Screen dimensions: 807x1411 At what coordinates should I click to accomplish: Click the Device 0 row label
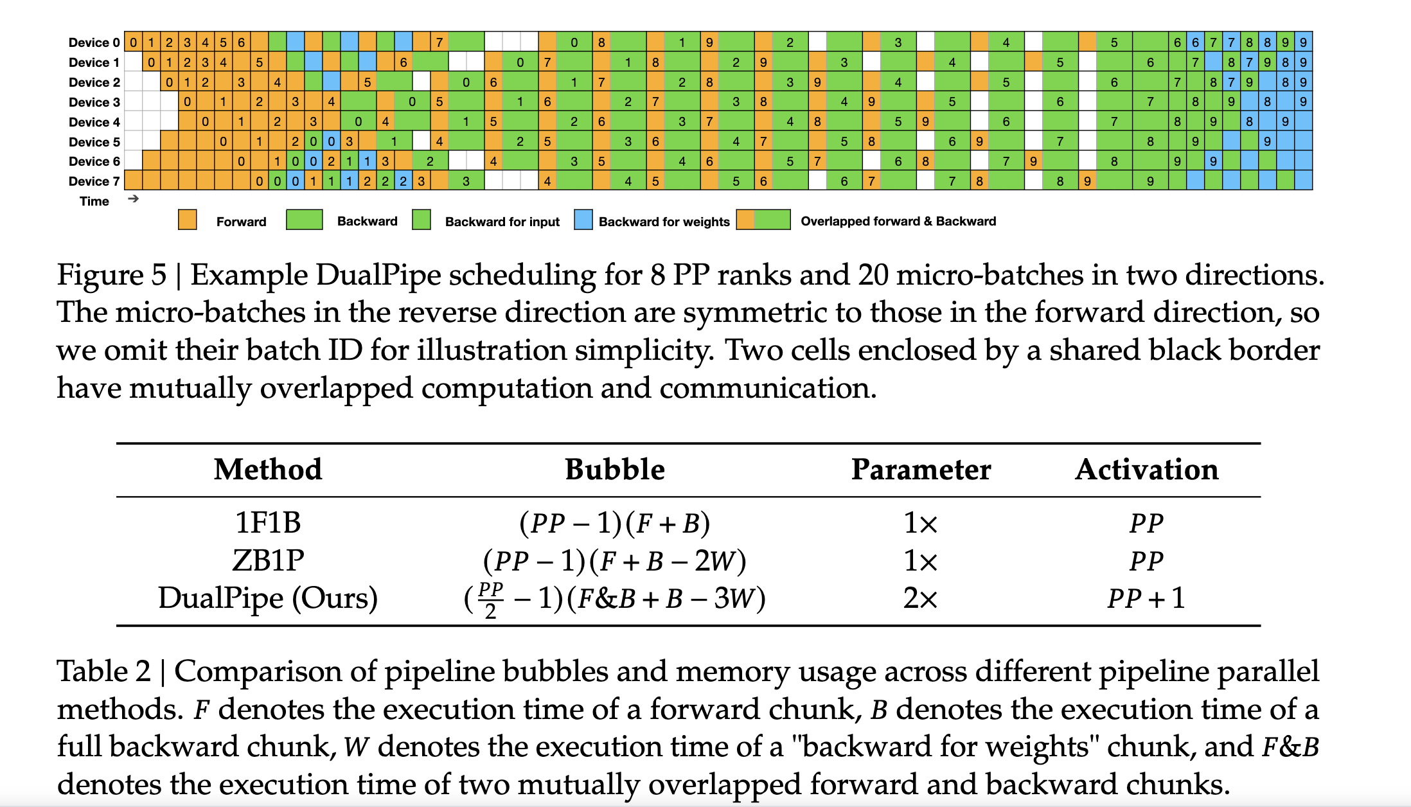[94, 42]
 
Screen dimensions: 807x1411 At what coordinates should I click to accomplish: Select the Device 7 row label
[94, 181]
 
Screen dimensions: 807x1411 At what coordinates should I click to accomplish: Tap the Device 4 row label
[94, 122]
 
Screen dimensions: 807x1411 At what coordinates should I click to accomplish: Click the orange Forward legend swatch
[187, 220]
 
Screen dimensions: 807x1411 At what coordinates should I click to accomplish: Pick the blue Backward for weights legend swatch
[583, 220]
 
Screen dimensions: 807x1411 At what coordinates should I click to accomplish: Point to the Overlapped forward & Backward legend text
[898, 221]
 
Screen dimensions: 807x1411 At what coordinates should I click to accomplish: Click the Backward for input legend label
[502, 222]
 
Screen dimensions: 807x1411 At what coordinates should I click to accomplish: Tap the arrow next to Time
[133, 199]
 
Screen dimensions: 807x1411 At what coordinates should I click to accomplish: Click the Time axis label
[94, 201]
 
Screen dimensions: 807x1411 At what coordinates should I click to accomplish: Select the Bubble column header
[614, 470]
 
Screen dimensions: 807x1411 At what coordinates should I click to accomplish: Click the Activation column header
[1146, 470]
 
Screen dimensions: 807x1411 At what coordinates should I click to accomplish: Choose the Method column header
[268, 470]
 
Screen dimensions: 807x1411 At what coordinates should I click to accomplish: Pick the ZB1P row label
[268, 560]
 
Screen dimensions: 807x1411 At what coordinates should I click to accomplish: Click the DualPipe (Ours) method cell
[268, 598]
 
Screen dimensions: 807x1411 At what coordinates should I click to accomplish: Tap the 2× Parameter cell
[920, 598]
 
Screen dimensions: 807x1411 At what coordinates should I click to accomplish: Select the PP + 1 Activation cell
[1146, 598]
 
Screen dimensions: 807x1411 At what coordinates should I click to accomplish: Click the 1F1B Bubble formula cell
[614, 523]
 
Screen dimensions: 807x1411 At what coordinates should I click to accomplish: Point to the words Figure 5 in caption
[111, 275]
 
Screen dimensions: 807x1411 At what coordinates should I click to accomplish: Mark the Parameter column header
[920, 470]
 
